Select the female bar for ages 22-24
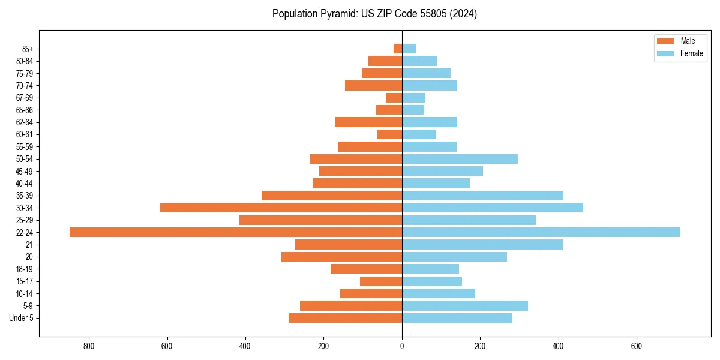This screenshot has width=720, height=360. point(541,232)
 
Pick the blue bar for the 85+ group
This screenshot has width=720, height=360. point(409,49)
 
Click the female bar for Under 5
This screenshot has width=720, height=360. point(457,318)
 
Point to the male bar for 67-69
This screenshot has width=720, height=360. point(394,98)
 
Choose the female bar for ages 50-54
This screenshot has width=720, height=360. point(460,159)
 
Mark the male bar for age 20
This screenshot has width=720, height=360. point(341,257)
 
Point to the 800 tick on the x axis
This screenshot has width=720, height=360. point(89,346)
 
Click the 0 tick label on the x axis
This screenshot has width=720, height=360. point(402,346)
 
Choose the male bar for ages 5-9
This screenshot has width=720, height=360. point(350,306)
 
